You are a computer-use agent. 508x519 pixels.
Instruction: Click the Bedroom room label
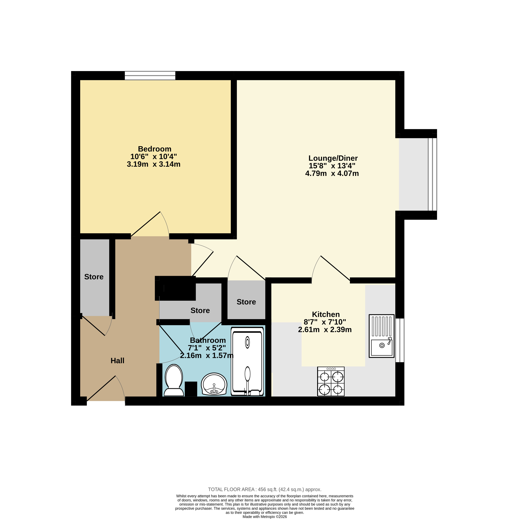click(154, 149)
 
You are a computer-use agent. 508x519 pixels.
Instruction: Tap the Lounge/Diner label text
click(333, 158)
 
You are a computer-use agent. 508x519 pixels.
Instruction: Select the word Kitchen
click(326, 314)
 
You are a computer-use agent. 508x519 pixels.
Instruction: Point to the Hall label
click(117, 361)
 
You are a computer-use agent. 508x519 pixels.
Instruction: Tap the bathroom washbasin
click(214, 384)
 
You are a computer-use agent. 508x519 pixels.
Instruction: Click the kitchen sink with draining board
click(382, 336)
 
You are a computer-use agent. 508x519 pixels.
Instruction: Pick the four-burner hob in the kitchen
click(331, 382)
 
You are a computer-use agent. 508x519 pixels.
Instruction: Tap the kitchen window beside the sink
click(400, 340)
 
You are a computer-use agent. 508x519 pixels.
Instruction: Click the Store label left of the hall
click(94, 277)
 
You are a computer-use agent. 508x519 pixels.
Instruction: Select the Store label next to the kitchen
click(246, 302)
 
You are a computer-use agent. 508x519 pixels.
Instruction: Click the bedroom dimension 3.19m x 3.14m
click(154, 164)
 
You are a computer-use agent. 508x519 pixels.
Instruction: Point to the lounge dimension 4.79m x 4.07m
click(332, 173)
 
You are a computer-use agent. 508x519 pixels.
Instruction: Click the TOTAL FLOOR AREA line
click(265, 489)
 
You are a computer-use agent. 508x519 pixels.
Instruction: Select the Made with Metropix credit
click(265, 517)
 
